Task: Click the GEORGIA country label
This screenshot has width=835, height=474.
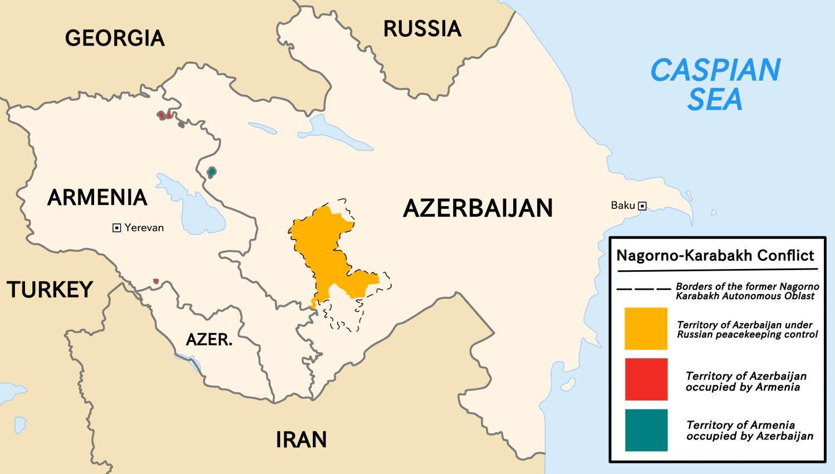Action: click(115, 38)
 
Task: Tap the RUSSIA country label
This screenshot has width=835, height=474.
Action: click(422, 29)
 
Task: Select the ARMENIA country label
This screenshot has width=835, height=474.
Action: click(97, 198)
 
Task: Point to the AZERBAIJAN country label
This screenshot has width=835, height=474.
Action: click(478, 208)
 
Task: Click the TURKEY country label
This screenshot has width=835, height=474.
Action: click(50, 290)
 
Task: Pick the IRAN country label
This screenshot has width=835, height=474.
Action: click(301, 440)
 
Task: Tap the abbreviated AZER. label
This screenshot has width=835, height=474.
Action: click(209, 340)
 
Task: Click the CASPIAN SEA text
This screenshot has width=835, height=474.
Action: click(715, 85)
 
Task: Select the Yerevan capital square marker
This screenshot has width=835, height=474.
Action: click(117, 228)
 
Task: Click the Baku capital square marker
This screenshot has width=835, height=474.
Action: click(642, 206)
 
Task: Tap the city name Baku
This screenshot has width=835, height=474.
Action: click(622, 206)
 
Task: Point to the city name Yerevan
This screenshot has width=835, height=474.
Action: click(144, 228)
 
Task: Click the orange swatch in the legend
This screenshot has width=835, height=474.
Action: click(646, 329)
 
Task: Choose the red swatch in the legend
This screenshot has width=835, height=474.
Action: click(646, 379)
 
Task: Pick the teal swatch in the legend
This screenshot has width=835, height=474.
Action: click(646, 430)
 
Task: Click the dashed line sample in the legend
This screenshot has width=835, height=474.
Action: click(644, 289)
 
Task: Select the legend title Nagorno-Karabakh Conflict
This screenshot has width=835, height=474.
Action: click(715, 256)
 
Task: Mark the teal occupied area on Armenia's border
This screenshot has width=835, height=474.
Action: click(211, 172)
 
